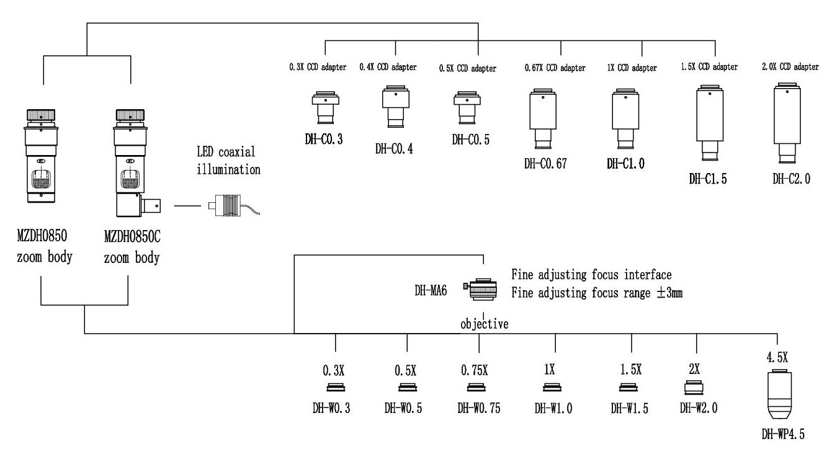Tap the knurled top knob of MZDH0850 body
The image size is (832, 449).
point(42,116)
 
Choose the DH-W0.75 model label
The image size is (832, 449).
point(479,409)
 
